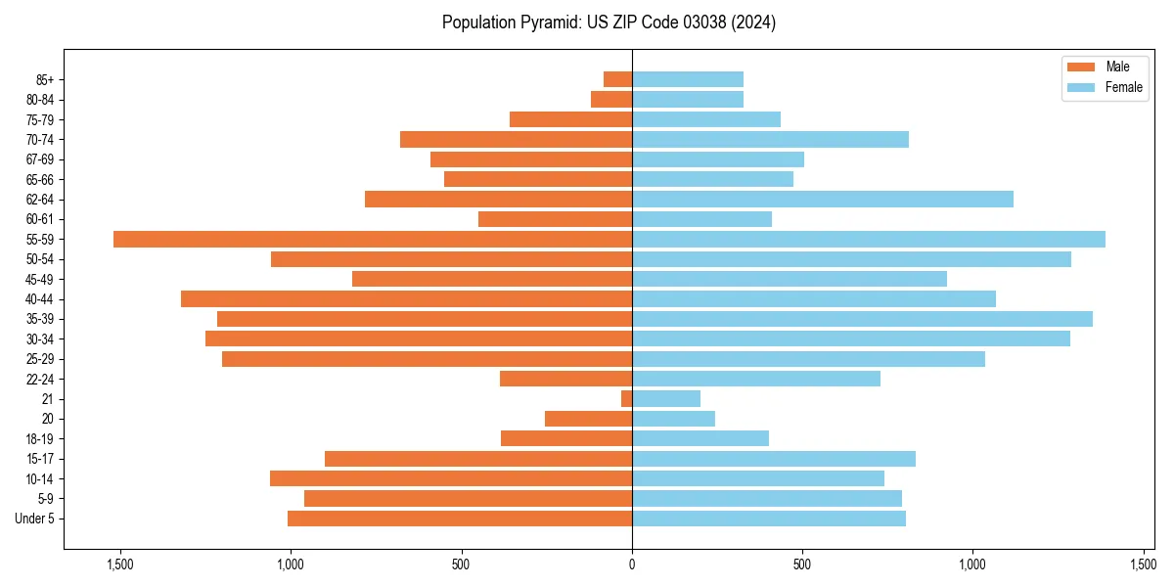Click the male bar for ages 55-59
[x=373, y=240]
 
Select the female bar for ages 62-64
[x=822, y=200]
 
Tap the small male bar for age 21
[x=626, y=399]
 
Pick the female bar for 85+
[x=688, y=79]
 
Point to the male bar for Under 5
[x=460, y=519]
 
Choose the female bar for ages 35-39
[x=862, y=319]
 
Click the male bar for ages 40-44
[x=406, y=299]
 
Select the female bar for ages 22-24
[x=756, y=379]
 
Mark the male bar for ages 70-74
[x=516, y=140]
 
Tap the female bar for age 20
[x=673, y=419]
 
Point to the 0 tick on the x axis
[x=632, y=564]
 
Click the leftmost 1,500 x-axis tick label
[x=120, y=564]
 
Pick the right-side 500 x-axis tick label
[x=802, y=564]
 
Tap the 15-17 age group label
[x=40, y=459]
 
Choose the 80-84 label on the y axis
[x=40, y=100]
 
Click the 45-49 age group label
[x=40, y=280]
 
